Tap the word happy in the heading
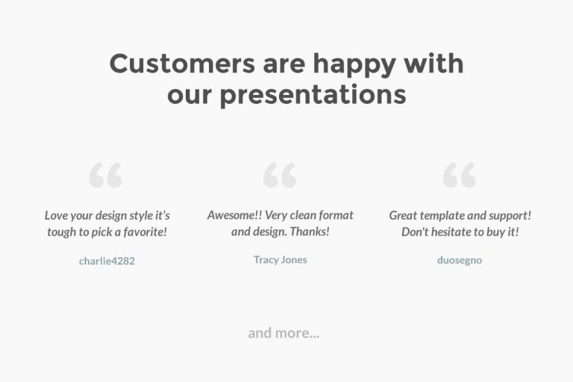354,64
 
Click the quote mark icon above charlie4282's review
105,175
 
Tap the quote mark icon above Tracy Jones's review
280,175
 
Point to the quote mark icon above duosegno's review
459,175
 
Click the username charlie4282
107,261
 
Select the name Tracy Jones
280,259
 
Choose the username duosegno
459,260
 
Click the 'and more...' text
284,333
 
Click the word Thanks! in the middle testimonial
310,232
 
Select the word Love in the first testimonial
57,215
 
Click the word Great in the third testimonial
404,215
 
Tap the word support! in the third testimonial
510,215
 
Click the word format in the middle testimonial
336,215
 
